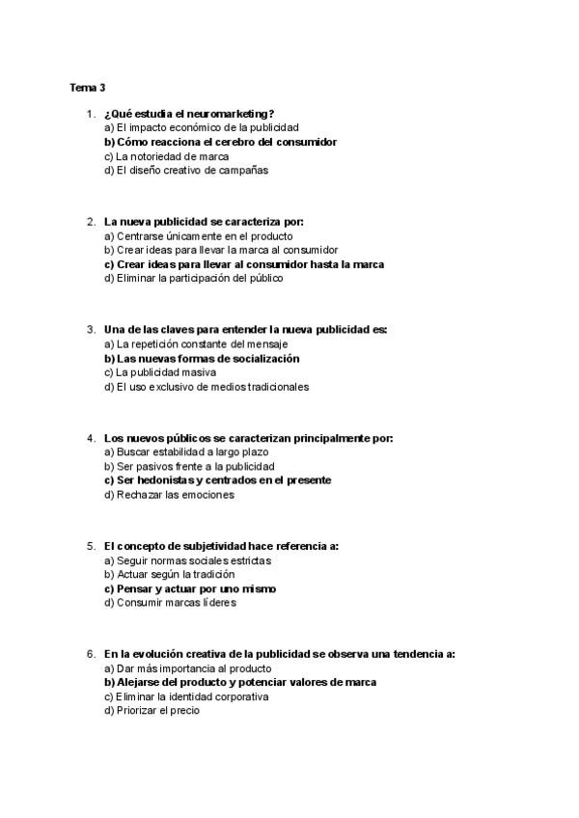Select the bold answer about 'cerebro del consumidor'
[220, 142]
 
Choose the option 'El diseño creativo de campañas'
[185, 171]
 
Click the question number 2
[90, 221]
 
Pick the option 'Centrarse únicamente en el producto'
[198, 235]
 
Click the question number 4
[90, 437]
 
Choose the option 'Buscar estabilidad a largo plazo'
[185, 451]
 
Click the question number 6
[90, 653]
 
